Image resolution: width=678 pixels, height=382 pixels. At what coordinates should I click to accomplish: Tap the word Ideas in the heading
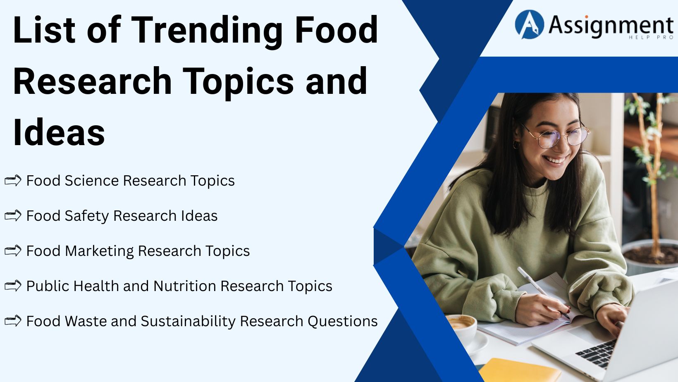59,133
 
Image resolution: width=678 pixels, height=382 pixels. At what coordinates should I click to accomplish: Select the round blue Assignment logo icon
529,25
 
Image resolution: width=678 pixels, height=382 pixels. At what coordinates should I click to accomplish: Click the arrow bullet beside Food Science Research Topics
13,181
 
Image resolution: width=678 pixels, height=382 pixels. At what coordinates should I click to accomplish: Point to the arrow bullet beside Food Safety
13,216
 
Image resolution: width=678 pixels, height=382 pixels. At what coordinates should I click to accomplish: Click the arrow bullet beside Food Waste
13,321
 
